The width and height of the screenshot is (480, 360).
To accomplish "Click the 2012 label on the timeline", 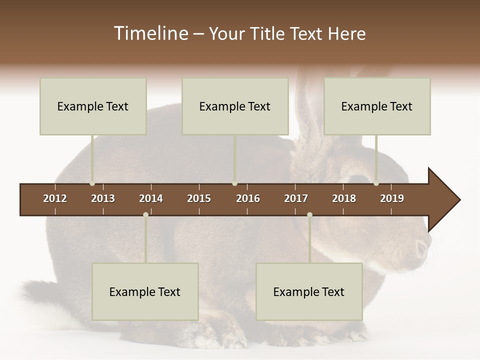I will [x=55, y=198].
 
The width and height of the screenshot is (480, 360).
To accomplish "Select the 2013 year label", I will [x=103, y=198].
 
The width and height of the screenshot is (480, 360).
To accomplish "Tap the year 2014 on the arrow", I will [x=151, y=198].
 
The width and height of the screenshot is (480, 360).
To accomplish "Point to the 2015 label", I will [x=199, y=198].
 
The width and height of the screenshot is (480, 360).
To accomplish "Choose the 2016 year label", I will [x=248, y=198].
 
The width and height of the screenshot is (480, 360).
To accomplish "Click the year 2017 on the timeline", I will [x=296, y=198].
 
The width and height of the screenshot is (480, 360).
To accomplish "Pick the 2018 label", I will [x=344, y=198].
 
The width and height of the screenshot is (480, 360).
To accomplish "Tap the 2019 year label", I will [x=392, y=198].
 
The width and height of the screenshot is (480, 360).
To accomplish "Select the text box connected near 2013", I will [x=93, y=106].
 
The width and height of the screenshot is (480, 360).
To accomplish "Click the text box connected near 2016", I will [x=235, y=106].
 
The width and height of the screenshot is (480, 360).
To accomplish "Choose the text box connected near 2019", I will [x=377, y=106].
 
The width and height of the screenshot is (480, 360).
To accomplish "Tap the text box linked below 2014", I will [x=145, y=292].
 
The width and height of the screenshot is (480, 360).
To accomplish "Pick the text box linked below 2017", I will [x=309, y=292].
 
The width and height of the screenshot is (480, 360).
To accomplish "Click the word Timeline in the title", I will [x=150, y=33].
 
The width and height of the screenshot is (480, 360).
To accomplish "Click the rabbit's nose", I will [x=423, y=247].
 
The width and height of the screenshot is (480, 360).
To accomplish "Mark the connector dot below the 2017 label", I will [x=309, y=214].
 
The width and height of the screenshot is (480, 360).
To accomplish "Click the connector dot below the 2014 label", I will [x=145, y=214].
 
